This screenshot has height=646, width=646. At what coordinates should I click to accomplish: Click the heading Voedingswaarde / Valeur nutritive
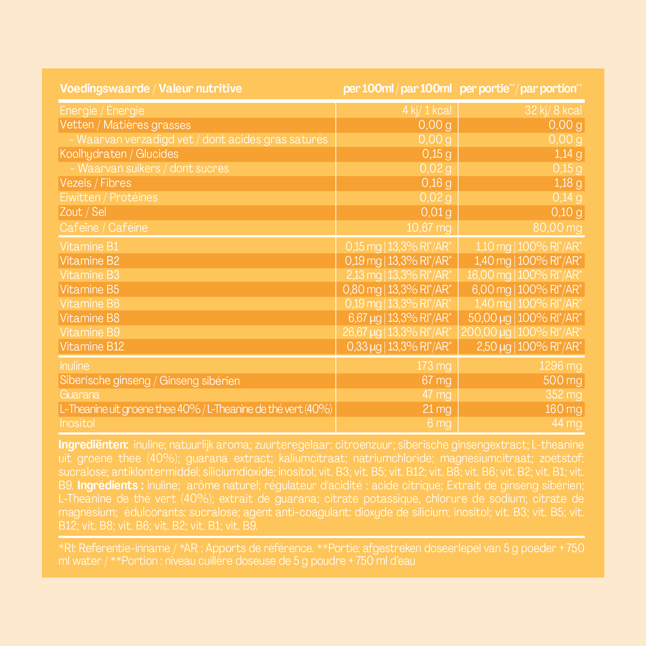click(150, 89)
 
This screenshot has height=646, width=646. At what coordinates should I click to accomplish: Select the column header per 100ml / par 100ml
click(397, 89)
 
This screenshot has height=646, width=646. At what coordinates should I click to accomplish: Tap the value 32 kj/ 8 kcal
click(553, 110)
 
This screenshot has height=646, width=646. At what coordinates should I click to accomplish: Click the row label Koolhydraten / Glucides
click(119, 154)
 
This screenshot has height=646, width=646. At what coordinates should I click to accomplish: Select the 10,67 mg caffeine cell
click(429, 228)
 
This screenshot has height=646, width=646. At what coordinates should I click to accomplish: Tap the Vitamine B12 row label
click(92, 346)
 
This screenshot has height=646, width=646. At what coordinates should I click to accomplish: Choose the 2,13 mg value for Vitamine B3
click(362, 275)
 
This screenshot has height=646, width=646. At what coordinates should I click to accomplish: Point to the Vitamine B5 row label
click(89, 289)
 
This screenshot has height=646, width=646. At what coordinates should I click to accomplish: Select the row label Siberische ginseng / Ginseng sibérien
click(150, 381)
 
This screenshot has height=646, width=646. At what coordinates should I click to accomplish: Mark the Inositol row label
click(77, 423)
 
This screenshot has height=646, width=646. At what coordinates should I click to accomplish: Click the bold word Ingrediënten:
click(93, 445)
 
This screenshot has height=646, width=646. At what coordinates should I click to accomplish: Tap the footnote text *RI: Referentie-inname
click(114, 548)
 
